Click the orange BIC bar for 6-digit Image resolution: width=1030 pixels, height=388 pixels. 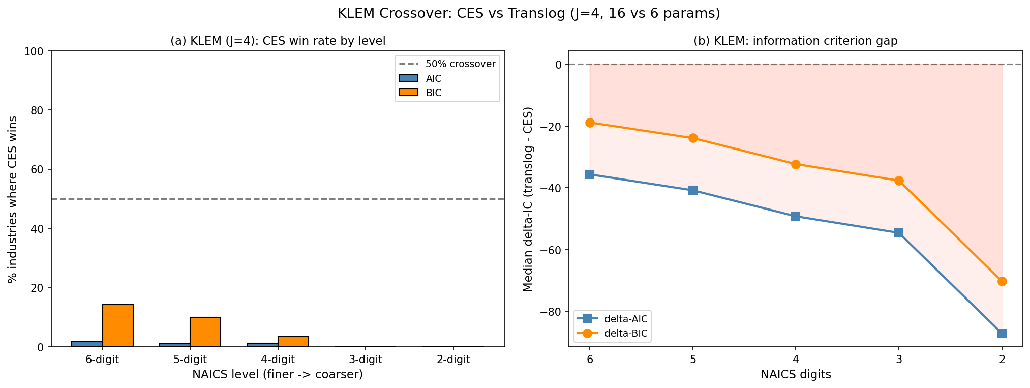118,325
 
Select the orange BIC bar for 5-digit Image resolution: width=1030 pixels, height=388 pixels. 205,332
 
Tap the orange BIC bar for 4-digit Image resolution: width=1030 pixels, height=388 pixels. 293,342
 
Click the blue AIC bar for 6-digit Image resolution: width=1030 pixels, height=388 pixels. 87,344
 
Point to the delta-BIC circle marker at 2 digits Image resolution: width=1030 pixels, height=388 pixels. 1002,281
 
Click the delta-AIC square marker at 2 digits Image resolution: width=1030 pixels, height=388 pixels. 1002,334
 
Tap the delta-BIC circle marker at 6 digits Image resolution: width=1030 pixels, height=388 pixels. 590,123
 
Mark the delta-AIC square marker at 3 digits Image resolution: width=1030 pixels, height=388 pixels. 899,233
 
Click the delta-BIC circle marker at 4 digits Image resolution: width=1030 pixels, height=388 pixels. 796,164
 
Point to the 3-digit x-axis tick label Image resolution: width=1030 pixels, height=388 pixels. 366,360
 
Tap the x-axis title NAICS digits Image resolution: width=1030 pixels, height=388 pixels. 796,375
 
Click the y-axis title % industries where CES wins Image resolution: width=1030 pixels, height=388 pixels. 13,199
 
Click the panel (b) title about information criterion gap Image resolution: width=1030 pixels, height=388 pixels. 796,41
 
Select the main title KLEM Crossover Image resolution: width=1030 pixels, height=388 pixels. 529,14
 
